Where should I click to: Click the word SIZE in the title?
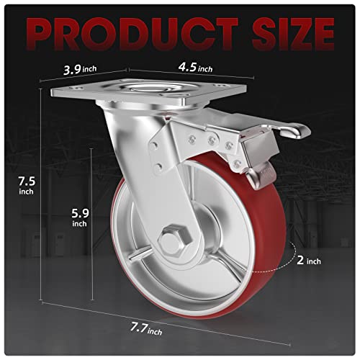284,32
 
